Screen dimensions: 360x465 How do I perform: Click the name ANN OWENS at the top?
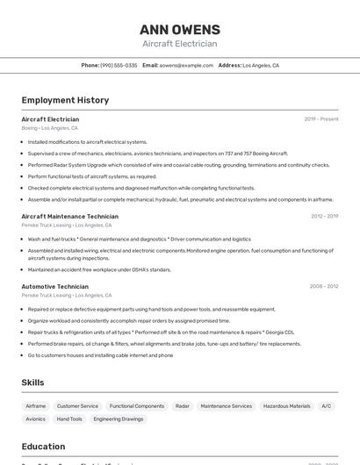click(179, 28)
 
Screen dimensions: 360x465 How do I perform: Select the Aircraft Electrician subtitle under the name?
click(179, 44)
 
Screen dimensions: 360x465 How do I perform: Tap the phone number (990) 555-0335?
click(119, 65)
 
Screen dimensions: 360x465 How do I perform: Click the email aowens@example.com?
click(186, 65)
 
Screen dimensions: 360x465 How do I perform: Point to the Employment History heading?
click(65, 100)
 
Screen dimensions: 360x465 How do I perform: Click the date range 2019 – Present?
click(321, 119)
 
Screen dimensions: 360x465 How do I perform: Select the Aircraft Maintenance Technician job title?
click(70, 216)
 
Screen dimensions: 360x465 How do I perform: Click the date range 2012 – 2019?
click(324, 216)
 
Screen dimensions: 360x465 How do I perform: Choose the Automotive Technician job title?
click(55, 286)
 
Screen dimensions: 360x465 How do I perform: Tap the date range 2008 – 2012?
click(324, 286)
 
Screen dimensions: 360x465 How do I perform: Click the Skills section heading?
click(32, 383)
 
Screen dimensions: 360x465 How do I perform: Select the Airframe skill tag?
click(36, 406)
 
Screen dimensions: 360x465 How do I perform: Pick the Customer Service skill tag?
click(77, 406)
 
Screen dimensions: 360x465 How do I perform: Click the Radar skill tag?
click(182, 406)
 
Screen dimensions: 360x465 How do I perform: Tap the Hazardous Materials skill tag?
click(286, 406)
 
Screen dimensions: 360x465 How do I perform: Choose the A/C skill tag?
click(326, 406)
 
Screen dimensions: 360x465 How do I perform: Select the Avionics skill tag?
click(35, 419)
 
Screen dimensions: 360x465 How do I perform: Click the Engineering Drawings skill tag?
click(119, 419)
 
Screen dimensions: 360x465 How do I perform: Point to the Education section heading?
click(43, 447)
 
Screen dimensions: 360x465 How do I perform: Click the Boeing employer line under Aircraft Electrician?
click(49, 128)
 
